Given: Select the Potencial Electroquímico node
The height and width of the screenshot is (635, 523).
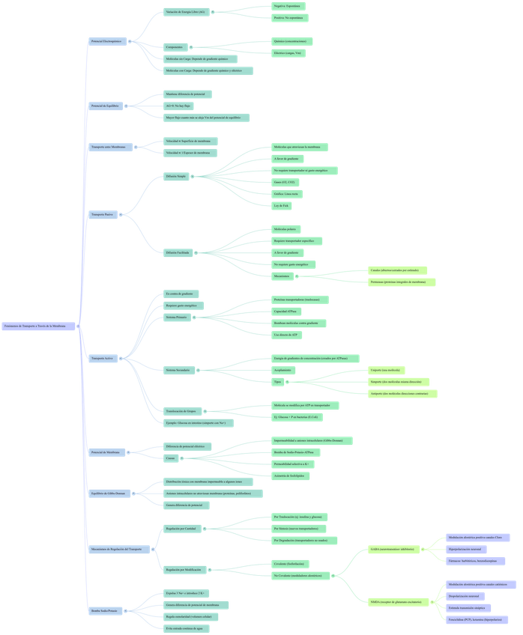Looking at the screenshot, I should tap(106, 41).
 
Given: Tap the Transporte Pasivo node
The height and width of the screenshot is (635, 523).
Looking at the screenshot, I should tap(103, 215).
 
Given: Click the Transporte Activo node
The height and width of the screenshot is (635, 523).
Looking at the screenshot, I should tap(103, 359).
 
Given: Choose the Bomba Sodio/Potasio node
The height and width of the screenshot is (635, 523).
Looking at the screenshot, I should tap(106, 611).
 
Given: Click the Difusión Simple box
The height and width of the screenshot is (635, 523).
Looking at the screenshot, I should tap(177, 177).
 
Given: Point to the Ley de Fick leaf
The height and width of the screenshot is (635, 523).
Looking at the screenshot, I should tap(282, 205).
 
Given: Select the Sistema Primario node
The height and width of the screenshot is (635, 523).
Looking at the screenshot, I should tap(178, 317).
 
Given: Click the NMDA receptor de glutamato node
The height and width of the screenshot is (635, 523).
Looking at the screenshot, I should tap(396, 601).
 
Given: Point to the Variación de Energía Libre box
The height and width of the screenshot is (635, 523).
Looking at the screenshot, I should tap(186, 12).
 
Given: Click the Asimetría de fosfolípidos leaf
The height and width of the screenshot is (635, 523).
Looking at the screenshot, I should tap(291, 476).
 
